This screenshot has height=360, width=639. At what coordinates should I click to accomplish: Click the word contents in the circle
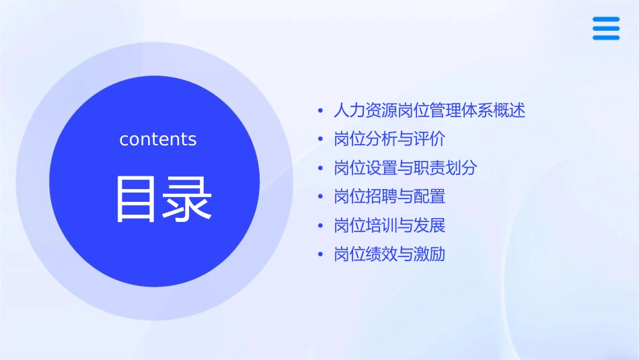tap(158, 139)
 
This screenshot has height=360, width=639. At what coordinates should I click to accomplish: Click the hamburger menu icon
tap(606, 28)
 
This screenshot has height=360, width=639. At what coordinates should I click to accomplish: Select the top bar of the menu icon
tap(606, 20)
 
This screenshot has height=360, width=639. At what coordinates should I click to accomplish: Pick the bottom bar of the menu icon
tap(606, 38)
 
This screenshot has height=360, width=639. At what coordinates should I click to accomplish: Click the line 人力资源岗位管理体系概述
tap(429, 110)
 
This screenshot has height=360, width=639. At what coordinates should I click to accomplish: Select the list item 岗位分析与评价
tap(389, 139)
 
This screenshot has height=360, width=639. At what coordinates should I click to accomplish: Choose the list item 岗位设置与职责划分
tap(405, 168)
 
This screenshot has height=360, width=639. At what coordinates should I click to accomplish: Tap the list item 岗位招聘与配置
tap(389, 197)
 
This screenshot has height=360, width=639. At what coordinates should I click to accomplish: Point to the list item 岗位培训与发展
tap(389, 225)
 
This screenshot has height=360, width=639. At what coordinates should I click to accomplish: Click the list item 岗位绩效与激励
tap(389, 254)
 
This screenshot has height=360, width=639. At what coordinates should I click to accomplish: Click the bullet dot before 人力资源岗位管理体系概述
tap(321, 110)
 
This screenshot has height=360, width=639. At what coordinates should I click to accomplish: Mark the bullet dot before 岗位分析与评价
tap(321, 139)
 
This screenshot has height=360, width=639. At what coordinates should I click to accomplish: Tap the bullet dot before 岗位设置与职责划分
tap(321, 168)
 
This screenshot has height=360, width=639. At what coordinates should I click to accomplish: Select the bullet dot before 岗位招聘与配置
tap(321, 197)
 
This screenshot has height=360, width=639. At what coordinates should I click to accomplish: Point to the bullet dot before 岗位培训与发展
tap(321, 226)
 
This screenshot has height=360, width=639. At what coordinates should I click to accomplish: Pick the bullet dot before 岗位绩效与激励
tap(321, 255)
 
